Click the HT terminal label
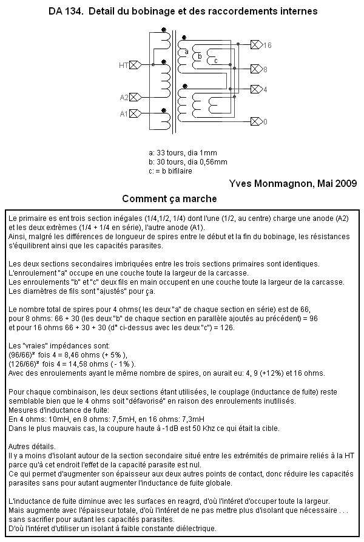[x=124, y=64]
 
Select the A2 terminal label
[x=124, y=97]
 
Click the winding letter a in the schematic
[x=186, y=52]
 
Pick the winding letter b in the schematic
[x=200, y=56]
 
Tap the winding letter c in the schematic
[x=215, y=61]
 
